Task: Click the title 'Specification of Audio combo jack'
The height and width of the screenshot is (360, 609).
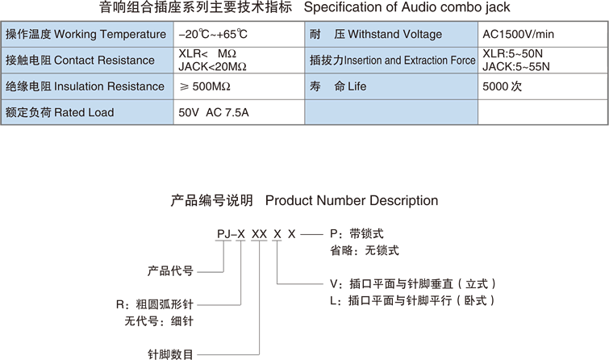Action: click(x=406, y=8)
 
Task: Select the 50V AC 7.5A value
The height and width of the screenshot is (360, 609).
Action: click(x=214, y=112)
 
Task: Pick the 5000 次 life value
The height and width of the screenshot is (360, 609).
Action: click(x=503, y=86)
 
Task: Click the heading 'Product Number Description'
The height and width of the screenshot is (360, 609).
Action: click(x=351, y=200)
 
